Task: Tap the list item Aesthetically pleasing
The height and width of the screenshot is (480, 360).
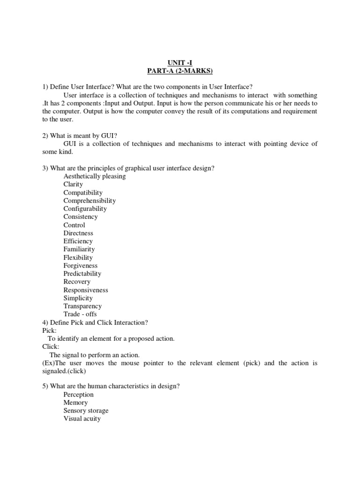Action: pyautogui.click(x=95, y=176)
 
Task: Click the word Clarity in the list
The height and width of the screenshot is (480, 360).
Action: pyautogui.click(x=73, y=184)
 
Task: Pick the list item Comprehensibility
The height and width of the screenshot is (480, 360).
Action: pyautogui.click(x=90, y=201)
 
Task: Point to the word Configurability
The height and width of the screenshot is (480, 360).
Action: pyautogui.click(x=85, y=209)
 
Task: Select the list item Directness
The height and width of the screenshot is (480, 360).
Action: pyautogui.click(x=78, y=233)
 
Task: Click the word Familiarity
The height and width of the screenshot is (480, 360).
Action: pyautogui.click(x=79, y=249)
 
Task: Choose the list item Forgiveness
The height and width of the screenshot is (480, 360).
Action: pyautogui.click(x=81, y=265)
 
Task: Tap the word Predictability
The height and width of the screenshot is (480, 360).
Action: pyautogui.click(x=82, y=273)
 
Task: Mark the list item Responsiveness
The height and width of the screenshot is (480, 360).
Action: pyautogui.click(x=86, y=290)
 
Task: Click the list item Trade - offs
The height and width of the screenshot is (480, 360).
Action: pyautogui.click(x=80, y=314)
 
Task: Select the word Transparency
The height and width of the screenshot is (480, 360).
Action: pyautogui.click(x=82, y=306)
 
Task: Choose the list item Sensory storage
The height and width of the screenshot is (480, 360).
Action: pyautogui.click(x=86, y=411)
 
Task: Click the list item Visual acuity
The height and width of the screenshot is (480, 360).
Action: pyautogui.click(x=82, y=419)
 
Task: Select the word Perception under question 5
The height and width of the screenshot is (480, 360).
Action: pyautogui.click(x=79, y=395)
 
